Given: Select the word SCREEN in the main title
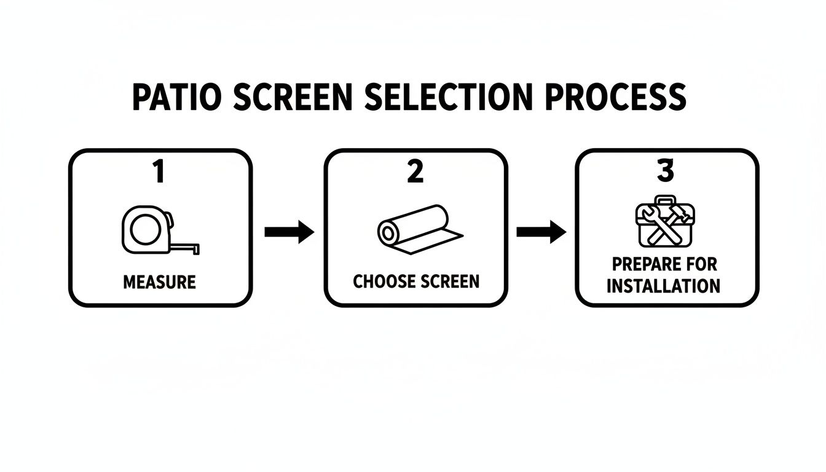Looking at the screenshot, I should point(296,97).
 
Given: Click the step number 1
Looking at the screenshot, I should point(159,171).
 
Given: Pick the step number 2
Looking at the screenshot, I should point(415,171).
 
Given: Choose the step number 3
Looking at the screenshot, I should point(666,171).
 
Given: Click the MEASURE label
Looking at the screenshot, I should point(159,283).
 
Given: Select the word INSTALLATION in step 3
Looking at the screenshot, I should point(663,286).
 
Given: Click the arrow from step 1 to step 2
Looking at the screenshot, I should point(289,232).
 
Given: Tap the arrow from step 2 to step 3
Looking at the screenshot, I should point(541,232).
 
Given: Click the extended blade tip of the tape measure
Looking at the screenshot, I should point(198,248).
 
